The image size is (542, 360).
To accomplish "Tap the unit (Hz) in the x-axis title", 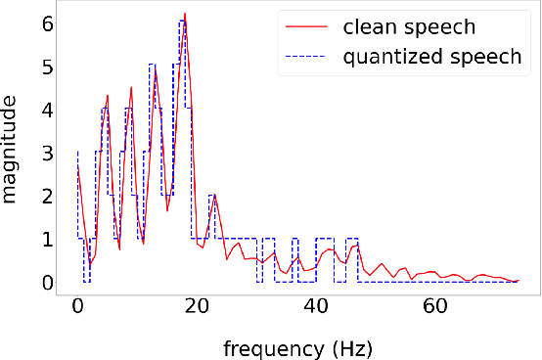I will click(x=350, y=347).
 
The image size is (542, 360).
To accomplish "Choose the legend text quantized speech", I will click(x=432, y=57).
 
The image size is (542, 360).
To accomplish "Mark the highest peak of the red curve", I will click(x=184, y=15).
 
